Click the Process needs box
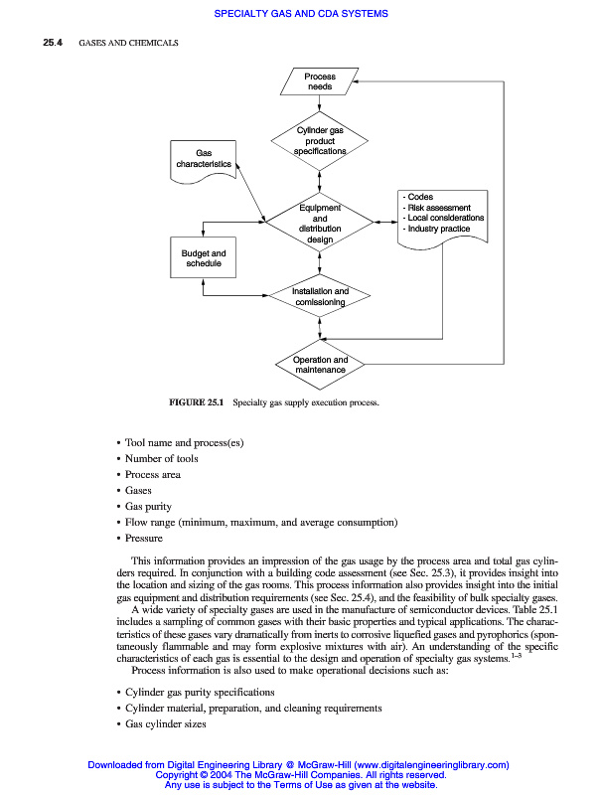[x=320, y=81]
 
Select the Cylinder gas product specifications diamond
[x=320, y=141]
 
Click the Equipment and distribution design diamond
[x=320, y=224]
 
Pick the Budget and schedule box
[x=204, y=259]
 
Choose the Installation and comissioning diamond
[x=320, y=296]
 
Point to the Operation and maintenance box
[x=320, y=364]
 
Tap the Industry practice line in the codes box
[x=438, y=229]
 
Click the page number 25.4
[x=53, y=45]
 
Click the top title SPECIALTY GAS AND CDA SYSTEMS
[x=300, y=13]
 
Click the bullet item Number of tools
[x=161, y=458]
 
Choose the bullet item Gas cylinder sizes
[x=165, y=723]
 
